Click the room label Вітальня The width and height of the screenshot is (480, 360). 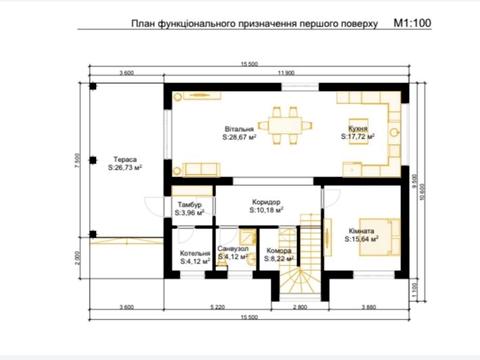240,129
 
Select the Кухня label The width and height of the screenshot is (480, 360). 360,129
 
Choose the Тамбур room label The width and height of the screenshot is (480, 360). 189,203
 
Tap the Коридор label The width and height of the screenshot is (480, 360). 265,200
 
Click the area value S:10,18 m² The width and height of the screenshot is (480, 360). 265,210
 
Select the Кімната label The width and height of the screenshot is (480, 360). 363,229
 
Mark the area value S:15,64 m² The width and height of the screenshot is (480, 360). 366,239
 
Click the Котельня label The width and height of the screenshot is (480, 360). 195,253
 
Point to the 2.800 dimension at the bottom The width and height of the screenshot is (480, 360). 300,305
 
